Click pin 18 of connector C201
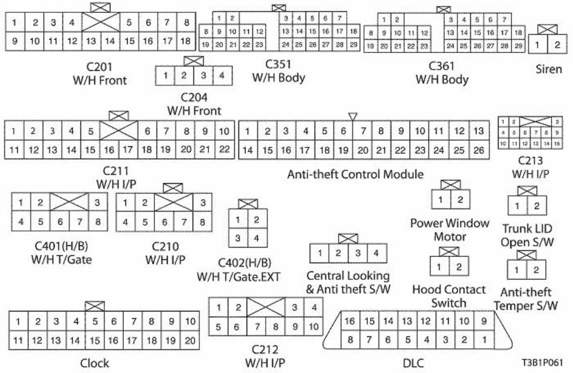[x=185, y=41]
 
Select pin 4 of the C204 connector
[x=222, y=76]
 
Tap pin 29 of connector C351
[x=353, y=44]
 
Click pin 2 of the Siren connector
[x=557, y=46]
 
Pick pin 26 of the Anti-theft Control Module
[x=479, y=150]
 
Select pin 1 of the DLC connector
[x=484, y=339]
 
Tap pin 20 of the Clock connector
[x=190, y=340]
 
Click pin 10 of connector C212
[x=314, y=326]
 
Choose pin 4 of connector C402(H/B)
[x=256, y=238]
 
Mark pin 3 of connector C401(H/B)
[x=96, y=203]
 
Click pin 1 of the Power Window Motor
[x=440, y=200]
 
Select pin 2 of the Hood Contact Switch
[x=458, y=267]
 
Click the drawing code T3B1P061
[x=542, y=362]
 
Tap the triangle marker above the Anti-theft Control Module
[x=352, y=116]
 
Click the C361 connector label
[x=442, y=67]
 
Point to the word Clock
[x=94, y=363]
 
